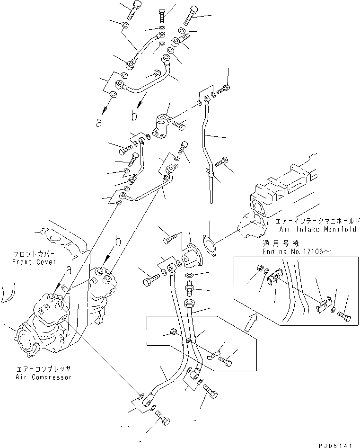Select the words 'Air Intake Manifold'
coord(318,229)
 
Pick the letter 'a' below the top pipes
coord(99,123)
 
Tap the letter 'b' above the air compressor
coord(118,242)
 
